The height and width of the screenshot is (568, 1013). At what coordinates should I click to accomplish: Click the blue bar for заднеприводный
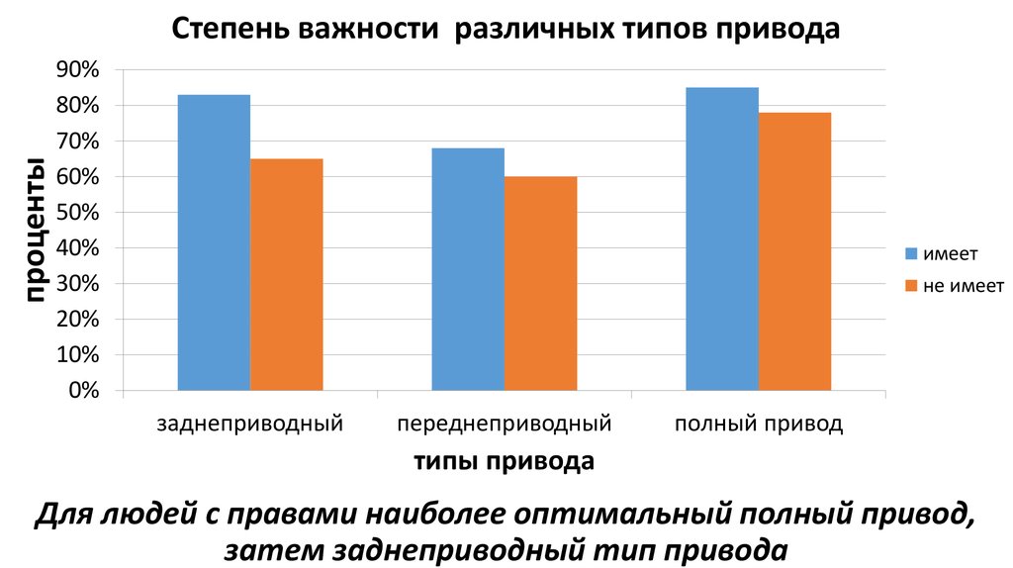pos(214,242)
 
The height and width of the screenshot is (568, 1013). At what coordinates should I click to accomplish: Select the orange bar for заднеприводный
pos(287,274)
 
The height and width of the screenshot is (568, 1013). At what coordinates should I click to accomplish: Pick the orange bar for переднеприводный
pos(540,283)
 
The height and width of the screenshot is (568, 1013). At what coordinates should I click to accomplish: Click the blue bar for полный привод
pos(722,238)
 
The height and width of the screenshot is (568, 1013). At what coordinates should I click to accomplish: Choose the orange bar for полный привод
pos(794,251)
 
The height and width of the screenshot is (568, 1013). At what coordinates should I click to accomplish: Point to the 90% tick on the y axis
pos(78,70)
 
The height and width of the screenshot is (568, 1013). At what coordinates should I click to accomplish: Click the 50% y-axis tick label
pos(78,213)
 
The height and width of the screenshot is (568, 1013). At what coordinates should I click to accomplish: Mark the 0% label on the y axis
pos(83,391)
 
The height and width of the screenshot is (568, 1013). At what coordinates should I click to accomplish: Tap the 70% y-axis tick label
pos(78,142)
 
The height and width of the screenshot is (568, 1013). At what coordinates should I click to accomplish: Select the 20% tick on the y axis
pos(78,320)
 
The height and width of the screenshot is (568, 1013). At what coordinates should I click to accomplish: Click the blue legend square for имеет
pos(912,253)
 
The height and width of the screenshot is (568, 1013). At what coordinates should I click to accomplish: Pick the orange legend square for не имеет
pos(912,285)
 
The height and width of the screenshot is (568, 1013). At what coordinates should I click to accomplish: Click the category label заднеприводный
pos(250,426)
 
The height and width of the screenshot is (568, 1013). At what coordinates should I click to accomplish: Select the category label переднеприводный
pos(505,426)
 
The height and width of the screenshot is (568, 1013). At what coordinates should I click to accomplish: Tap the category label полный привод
pos(759,426)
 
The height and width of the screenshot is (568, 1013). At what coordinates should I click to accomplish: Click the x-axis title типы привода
pos(504,461)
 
